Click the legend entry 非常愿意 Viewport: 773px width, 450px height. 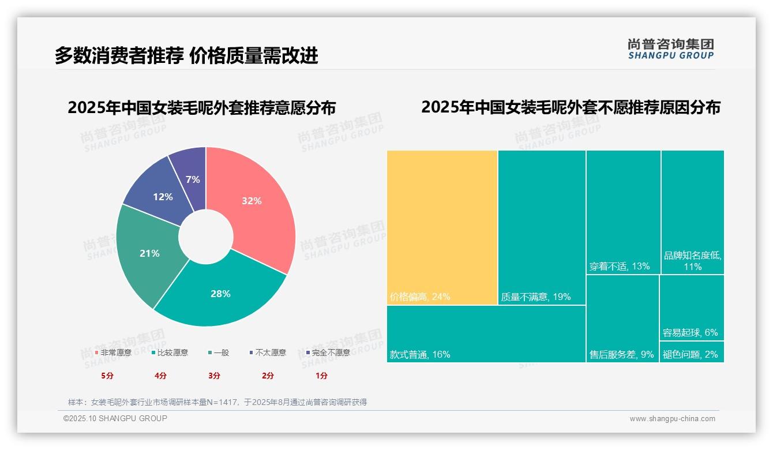[113, 352]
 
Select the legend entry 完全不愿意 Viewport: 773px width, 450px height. [328, 352]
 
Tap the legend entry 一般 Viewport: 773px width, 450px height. [219, 352]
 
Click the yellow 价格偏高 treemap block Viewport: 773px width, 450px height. [442, 227]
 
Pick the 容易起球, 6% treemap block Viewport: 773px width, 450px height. [692, 307]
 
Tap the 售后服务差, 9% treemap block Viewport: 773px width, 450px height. [622, 318]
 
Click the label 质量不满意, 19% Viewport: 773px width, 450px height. [535, 297]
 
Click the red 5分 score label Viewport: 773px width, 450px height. [107, 376]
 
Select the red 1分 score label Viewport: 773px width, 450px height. [321, 376]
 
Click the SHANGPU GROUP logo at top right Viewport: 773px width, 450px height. [670, 49]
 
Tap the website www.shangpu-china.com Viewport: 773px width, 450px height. [672, 419]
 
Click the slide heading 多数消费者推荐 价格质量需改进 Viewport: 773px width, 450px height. [186, 55]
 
